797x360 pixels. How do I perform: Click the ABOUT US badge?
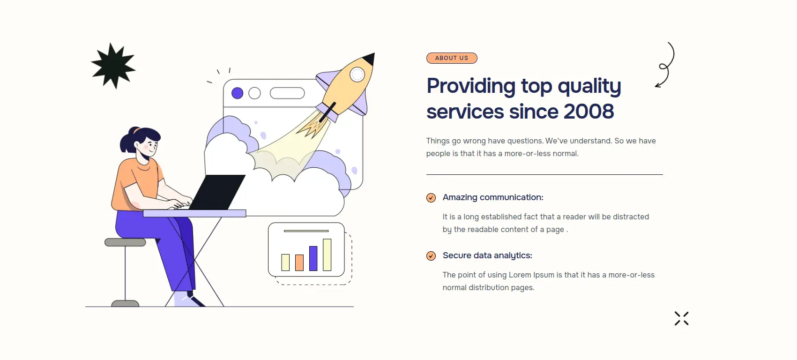point(452,58)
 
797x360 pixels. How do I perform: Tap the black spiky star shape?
point(113,66)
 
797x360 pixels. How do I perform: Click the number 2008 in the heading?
point(588,112)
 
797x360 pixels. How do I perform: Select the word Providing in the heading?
point(471,87)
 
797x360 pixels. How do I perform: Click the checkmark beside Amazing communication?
point(431,198)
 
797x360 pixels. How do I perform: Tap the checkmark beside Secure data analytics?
point(431,255)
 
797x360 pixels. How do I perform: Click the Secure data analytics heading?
point(487,255)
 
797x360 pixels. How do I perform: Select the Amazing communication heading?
point(493,197)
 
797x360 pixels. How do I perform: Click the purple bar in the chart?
point(313,258)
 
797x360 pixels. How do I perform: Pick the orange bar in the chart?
point(299,262)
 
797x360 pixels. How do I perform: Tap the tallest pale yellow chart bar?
point(327,255)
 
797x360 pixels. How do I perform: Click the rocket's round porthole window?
point(357,75)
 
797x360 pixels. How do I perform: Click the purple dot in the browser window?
point(238,93)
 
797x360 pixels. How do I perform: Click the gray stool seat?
point(125,242)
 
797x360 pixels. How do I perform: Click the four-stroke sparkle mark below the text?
point(682,318)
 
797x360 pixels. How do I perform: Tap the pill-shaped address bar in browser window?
point(288,93)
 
